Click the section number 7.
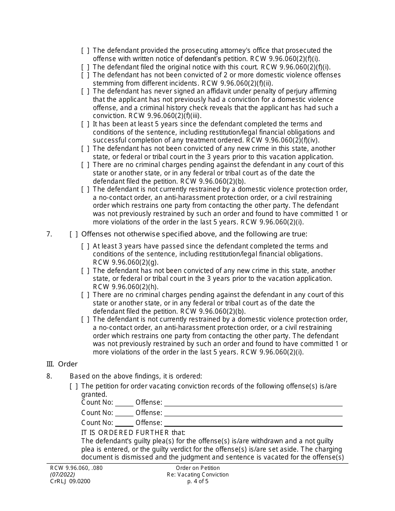click(x=49, y=234)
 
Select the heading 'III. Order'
click(x=62, y=364)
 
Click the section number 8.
click(x=49, y=376)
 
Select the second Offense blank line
click(x=253, y=413)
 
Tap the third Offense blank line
click(x=253, y=423)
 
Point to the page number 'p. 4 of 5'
click(x=197, y=482)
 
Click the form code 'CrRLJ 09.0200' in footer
click(x=70, y=482)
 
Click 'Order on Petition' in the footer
click(x=197, y=468)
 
